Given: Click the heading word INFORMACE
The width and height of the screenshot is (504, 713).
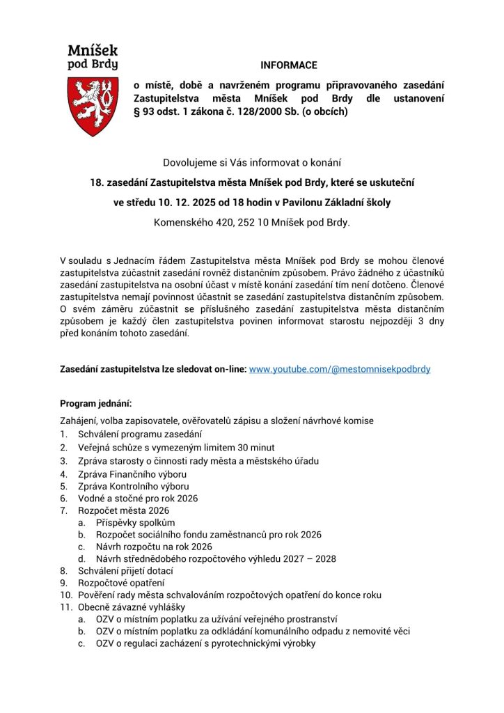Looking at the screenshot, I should tap(289, 65).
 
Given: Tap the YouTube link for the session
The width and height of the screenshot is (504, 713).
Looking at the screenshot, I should tap(340, 368).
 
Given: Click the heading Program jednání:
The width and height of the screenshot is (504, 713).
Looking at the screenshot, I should tap(95, 403).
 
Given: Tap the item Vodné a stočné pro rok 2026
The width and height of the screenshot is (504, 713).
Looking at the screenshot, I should tap(138, 499).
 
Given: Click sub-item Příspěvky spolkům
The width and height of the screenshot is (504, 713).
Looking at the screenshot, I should tap(136, 522).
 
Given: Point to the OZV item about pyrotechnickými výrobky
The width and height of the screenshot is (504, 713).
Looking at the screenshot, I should tap(206, 643).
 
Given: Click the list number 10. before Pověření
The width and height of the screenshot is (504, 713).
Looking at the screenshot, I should tap(65, 595).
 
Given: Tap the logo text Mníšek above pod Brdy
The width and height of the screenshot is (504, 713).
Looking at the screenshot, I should tap(92, 50).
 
